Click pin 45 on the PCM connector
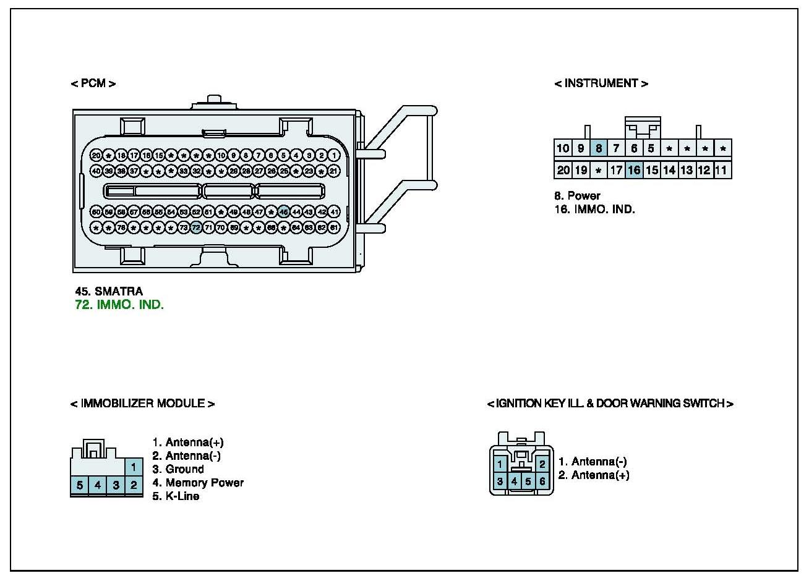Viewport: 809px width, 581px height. coord(283,212)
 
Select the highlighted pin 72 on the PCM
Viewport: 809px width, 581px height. coord(196,227)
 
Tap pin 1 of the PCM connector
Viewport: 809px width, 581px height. coord(334,155)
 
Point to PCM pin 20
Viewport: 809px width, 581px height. coord(96,155)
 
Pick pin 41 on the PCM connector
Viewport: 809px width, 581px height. coord(334,212)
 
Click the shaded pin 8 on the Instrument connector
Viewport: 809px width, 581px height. coord(598,148)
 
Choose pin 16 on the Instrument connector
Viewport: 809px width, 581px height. coord(633,170)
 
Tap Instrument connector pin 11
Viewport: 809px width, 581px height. coord(721,170)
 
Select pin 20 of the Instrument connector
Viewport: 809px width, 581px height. coord(563,170)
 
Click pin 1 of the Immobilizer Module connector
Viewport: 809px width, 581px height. coord(133,467)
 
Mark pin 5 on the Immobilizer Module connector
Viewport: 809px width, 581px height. coord(80,485)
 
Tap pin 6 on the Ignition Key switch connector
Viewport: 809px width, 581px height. coord(542,481)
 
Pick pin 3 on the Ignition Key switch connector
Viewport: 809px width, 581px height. coord(500,481)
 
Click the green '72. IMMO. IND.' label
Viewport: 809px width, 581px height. coord(119,305)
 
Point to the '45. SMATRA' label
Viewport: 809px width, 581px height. coord(109,291)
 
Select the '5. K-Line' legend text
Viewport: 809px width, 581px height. coord(176,496)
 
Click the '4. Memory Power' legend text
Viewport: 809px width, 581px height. coord(198,482)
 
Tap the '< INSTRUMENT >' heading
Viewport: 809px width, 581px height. coord(601,83)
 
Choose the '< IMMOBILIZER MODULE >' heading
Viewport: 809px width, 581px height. coord(142,404)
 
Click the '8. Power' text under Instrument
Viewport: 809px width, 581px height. coord(577,196)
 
